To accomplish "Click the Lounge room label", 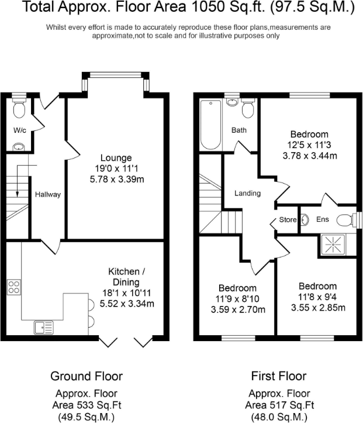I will (x=116, y=158).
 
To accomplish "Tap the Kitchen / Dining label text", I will (x=124, y=276).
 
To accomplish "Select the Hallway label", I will (x=48, y=195).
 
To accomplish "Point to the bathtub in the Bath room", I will (x=210, y=125).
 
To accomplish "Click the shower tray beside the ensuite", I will (x=335, y=245).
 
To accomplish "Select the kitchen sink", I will (x=43, y=326).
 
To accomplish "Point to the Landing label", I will (x=247, y=194).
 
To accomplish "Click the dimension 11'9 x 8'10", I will (x=237, y=298).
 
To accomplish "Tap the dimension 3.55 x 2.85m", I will (x=317, y=307).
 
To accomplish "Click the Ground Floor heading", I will (x=87, y=375).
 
